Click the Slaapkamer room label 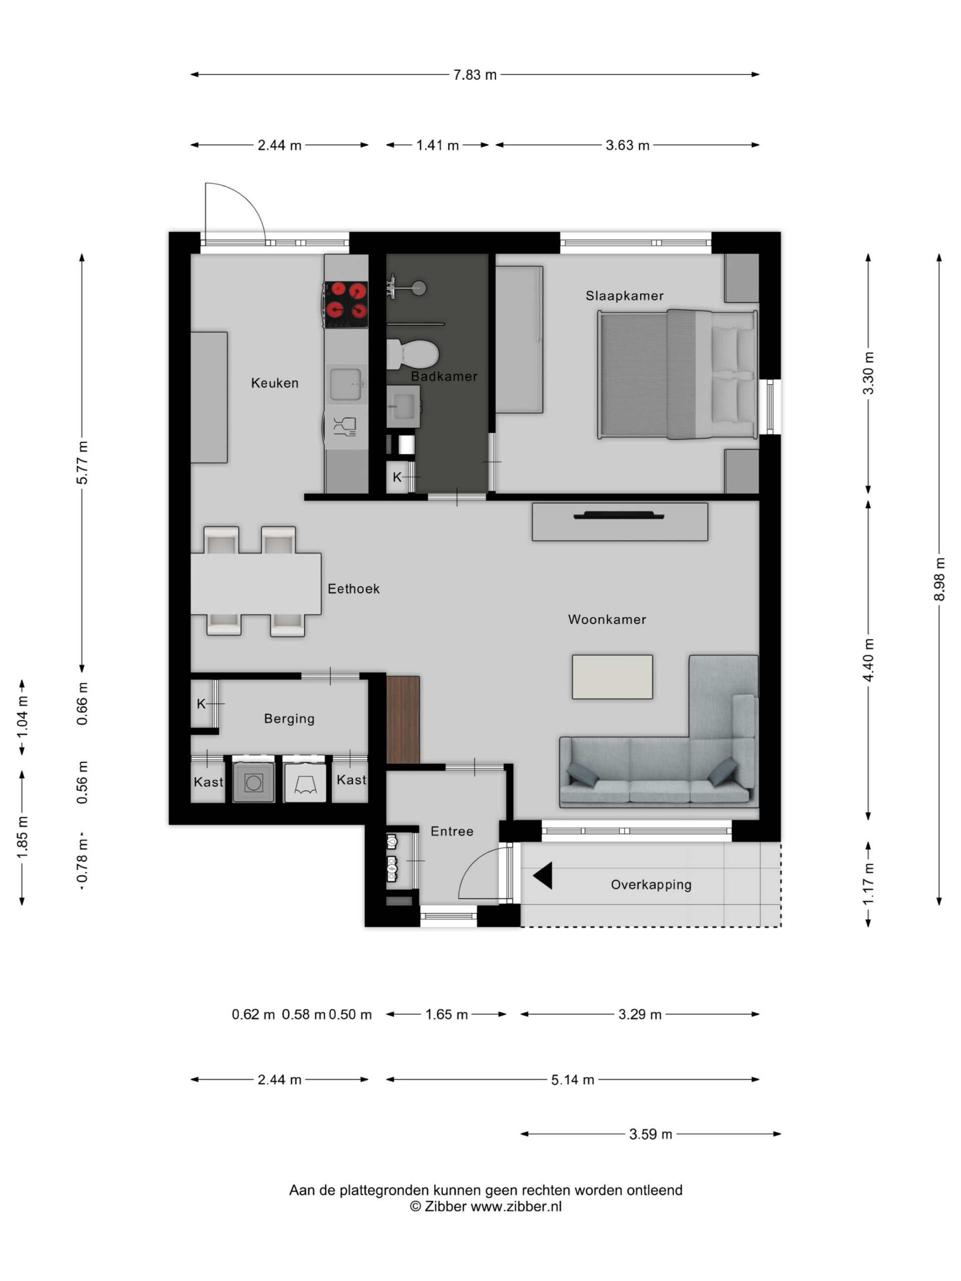[x=624, y=296]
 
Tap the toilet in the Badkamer [x=412, y=353]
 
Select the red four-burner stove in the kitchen [x=346, y=304]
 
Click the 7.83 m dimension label [x=474, y=75]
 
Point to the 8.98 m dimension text [x=939, y=578]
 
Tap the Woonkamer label [x=607, y=619]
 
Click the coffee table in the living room [x=612, y=677]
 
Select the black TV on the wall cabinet [x=618, y=515]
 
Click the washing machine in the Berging [x=254, y=782]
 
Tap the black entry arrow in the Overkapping [x=543, y=875]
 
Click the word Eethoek [x=353, y=588]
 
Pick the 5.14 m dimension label [x=572, y=1079]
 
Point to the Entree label [x=452, y=831]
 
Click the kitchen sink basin [x=346, y=384]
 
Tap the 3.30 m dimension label [x=868, y=373]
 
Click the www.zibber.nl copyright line [x=486, y=1206]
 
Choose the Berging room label [x=289, y=718]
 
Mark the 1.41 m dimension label [x=437, y=145]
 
